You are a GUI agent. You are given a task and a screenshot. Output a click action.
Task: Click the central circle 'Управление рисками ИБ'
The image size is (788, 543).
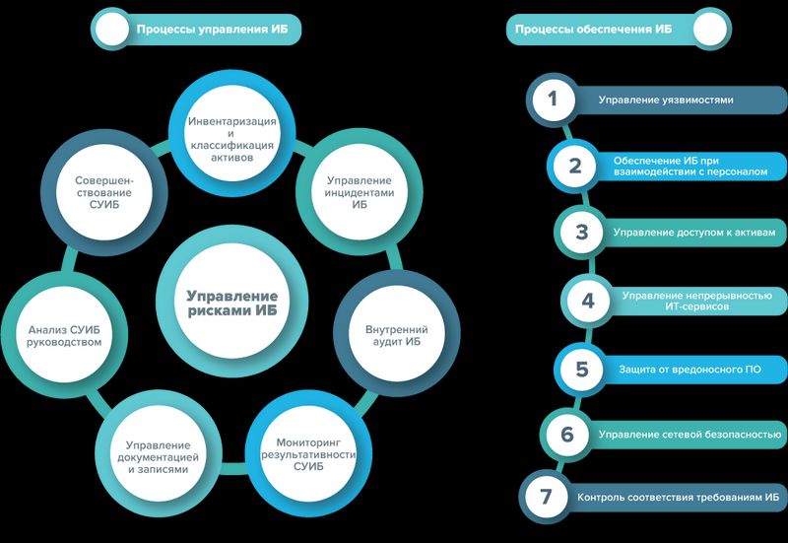(x=232, y=303)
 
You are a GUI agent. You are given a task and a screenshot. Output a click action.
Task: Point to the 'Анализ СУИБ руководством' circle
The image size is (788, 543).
(x=65, y=334)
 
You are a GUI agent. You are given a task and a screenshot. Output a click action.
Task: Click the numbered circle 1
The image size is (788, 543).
(x=554, y=100)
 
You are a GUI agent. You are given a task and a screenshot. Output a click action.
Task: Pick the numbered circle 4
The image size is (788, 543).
(x=588, y=301)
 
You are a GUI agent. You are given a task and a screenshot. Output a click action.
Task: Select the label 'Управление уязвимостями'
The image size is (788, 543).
(x=666, y=100)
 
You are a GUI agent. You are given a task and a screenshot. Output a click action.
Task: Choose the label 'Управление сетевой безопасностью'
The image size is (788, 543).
(x=689, y=434)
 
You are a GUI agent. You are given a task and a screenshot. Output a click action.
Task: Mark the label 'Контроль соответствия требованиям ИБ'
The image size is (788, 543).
(x=670, y=497)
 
